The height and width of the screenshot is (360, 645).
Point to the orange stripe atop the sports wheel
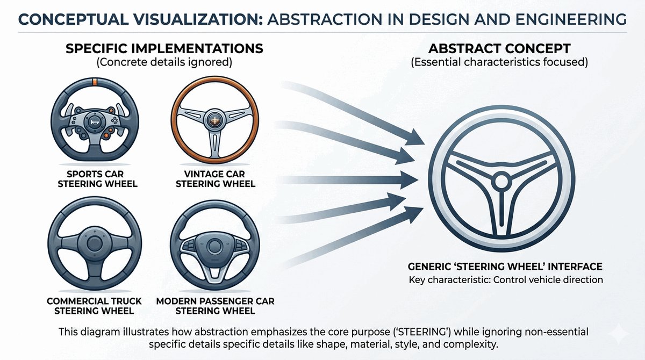pos(95,83)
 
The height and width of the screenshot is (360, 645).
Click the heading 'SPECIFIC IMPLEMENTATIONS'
pos(164,49)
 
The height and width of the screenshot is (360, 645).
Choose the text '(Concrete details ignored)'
pos(164,62)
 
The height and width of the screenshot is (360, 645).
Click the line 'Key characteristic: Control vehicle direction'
pos(505,280)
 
